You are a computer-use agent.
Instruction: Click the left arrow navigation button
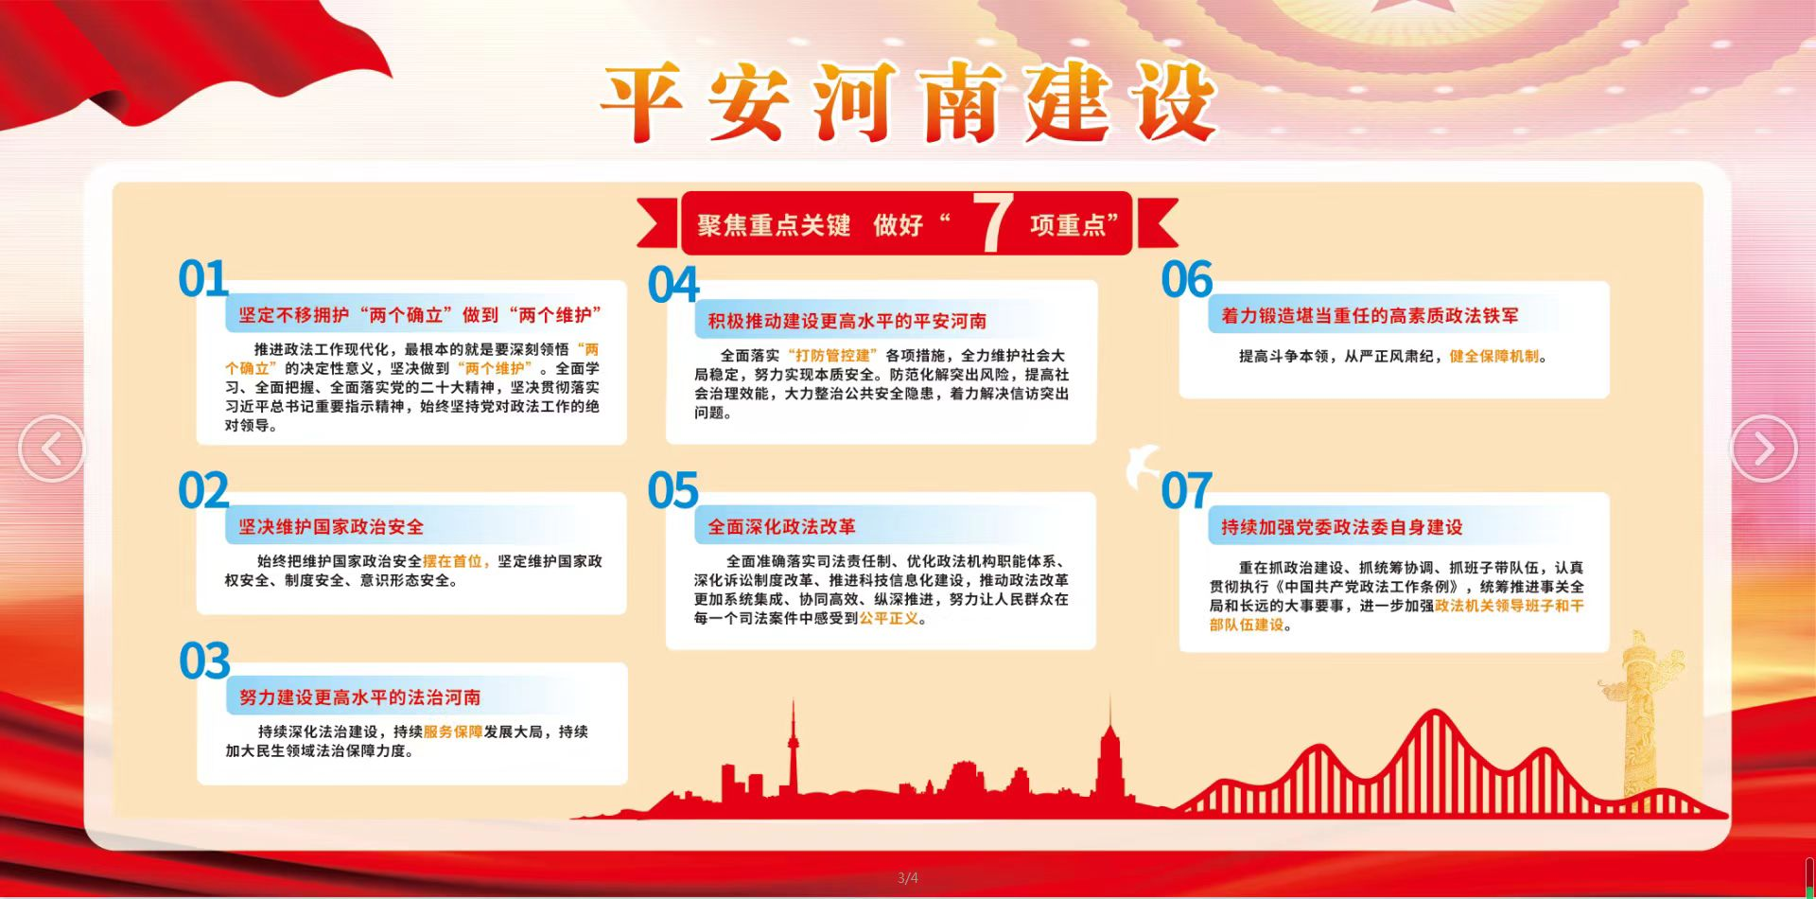[x=51, y=449]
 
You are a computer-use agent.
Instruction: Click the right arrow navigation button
[x=1764, y=449]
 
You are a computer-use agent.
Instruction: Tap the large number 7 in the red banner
[x=993, y=223]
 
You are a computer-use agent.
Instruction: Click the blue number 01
[x=203, y=279]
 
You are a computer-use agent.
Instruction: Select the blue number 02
[x=203, y=491]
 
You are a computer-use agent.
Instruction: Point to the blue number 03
[x=204, y=661]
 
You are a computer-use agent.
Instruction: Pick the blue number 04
[x=673, y=286]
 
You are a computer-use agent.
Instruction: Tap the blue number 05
[x=673, y=491]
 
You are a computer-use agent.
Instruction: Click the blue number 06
[x=1187, y=280]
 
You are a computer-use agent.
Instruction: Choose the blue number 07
[x=1187, y=491]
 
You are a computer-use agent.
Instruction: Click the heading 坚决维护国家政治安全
[x=331, y=527]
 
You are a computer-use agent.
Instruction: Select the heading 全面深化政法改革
[x=782, y=527]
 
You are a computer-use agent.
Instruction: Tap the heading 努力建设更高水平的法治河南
[x=360, y=697]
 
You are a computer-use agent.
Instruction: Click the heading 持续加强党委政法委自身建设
[x=1342, y=527]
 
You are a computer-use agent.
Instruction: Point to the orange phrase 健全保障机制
[x=1494, y=357]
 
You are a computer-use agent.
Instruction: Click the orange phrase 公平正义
[x=889, y=618]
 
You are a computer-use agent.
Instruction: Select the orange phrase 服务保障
[x=453, y=732]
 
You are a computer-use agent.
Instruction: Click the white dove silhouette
[x=1144, y=465]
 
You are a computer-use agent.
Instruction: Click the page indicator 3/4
[x=908, y=878]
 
